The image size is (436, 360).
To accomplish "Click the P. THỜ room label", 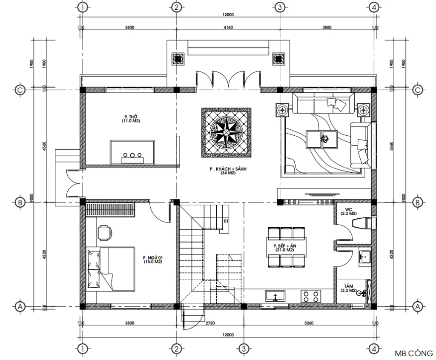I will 130,119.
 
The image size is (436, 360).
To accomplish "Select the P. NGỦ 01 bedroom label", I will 153,260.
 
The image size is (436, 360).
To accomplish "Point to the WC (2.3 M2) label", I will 349,211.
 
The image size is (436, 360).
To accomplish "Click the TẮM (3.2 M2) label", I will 349,288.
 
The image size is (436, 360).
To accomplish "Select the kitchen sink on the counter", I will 275,295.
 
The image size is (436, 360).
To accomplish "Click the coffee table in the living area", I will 322,139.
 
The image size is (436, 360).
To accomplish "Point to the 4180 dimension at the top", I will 228,27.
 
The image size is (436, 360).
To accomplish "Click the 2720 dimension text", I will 210,323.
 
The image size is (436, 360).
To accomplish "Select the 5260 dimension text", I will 309,323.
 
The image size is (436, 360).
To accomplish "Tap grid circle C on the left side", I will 20,90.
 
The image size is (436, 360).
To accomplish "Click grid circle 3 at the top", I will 280,7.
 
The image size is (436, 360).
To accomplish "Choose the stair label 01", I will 226,221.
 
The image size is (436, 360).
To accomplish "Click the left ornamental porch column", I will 178,58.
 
